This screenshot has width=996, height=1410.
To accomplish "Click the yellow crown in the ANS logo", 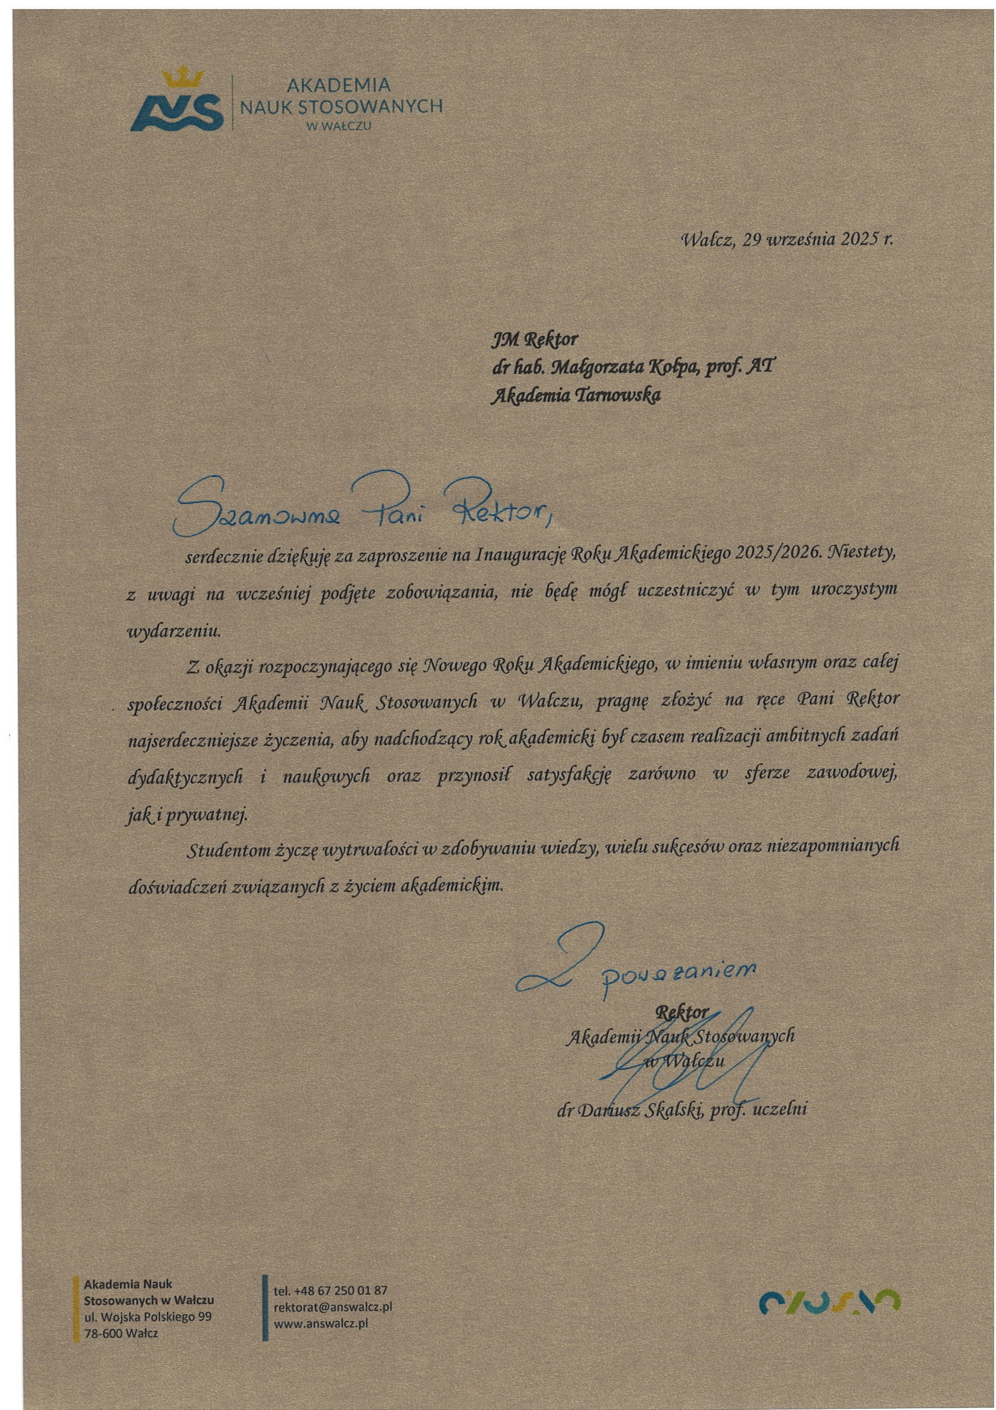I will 183,78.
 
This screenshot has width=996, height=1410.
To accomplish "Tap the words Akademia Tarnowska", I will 576,396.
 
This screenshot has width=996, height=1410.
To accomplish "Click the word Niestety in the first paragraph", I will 862,552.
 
